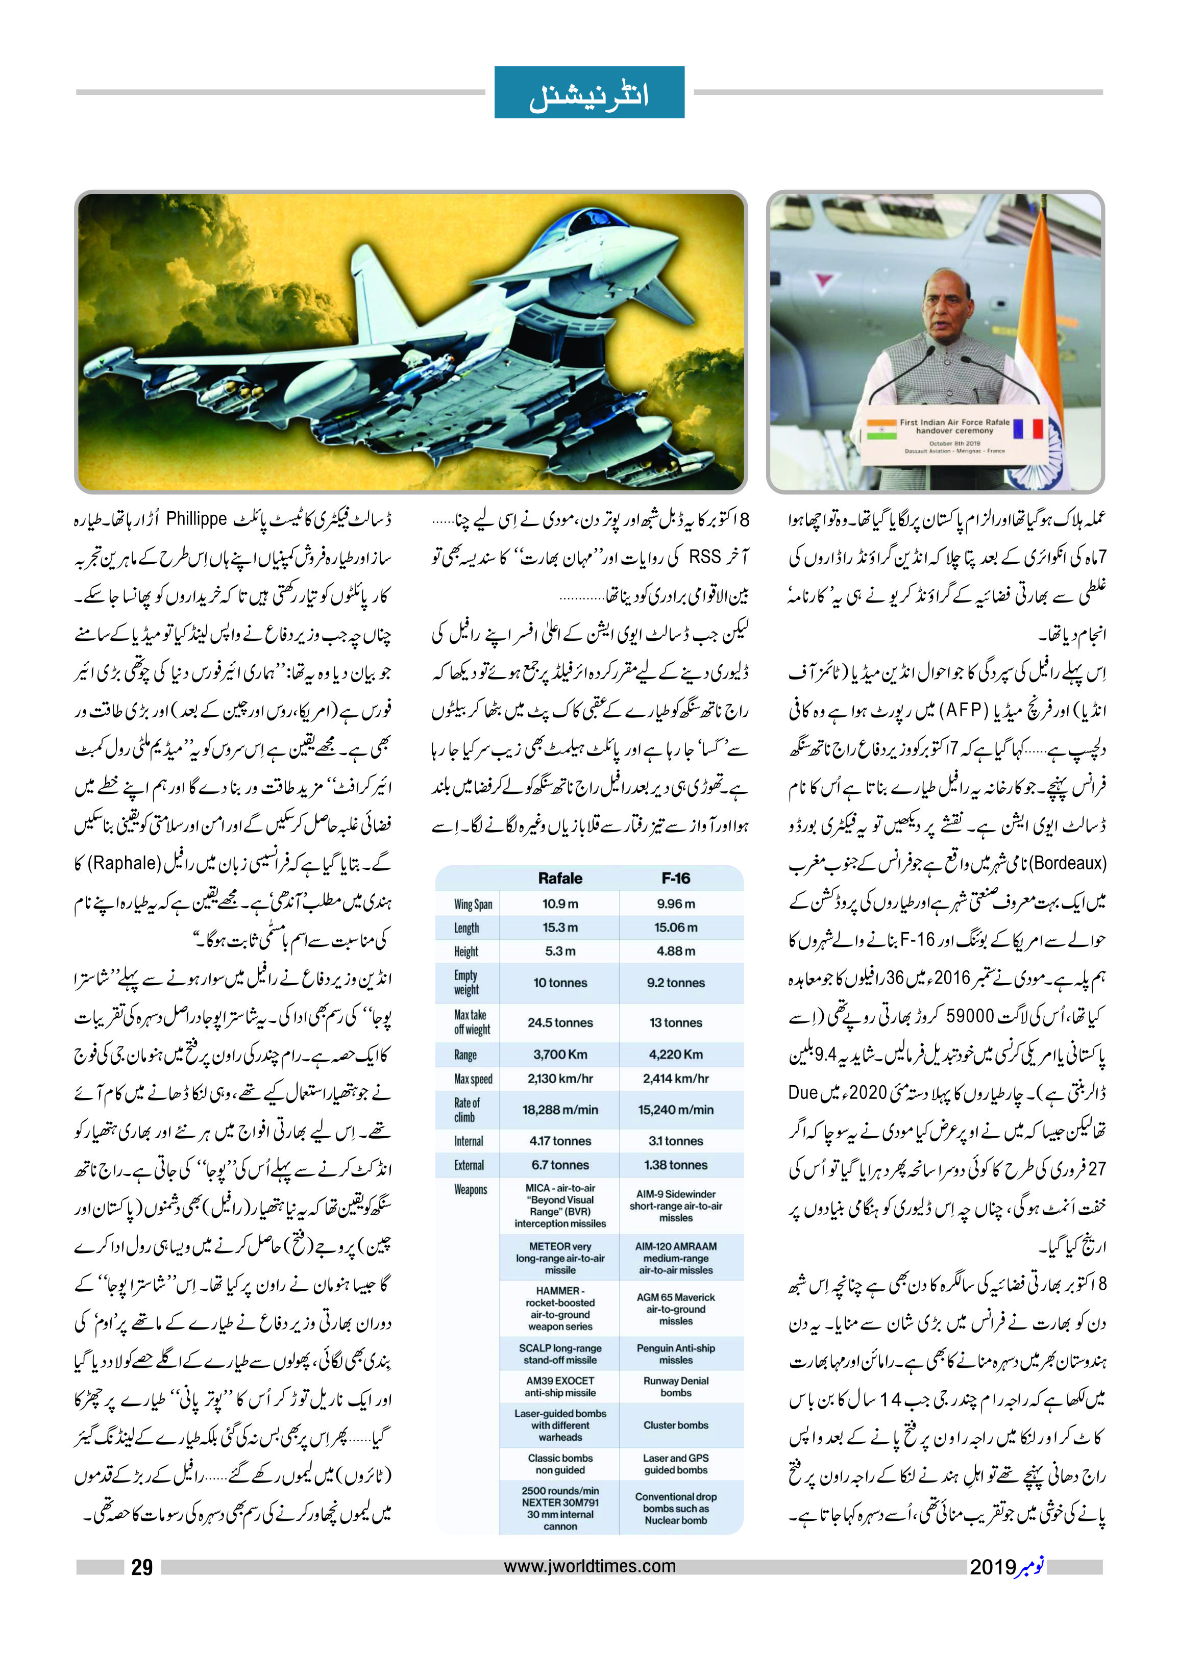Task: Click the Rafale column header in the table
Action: tap(560, 878)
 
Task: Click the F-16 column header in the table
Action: tap(675, 878)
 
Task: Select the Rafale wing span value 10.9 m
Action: tap(560, 904)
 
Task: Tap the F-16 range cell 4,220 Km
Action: tap(675, 1054)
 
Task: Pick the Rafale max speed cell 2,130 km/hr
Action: tap(560, 1079)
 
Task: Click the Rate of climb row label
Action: tap(467, 1110)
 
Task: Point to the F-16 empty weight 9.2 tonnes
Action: tap(675, 983)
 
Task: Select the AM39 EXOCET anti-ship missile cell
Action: tap(560, 1386)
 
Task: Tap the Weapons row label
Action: tap(471, 1190)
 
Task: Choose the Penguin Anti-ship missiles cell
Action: tap(675, 1354)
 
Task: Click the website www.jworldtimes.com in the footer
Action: tap(589, 1566)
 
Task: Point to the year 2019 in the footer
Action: tap(992, 1568)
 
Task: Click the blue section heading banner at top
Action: tap(589, 92)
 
